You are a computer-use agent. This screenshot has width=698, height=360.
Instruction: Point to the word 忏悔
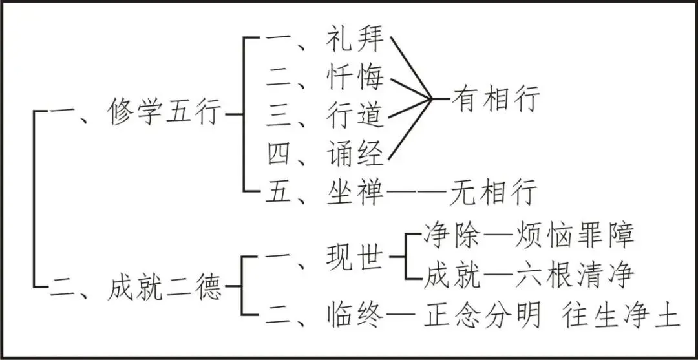[355, 79]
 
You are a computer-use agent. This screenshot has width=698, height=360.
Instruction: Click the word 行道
[355, 116]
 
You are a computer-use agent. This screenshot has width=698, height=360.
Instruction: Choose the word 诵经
[355, 154]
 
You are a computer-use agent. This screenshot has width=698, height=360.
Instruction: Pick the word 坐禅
[355, 191]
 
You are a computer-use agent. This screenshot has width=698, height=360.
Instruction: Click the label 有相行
[496, 100]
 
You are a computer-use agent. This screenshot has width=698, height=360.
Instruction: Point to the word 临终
[355, 317]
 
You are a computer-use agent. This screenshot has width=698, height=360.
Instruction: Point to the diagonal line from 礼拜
[411, 68]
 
